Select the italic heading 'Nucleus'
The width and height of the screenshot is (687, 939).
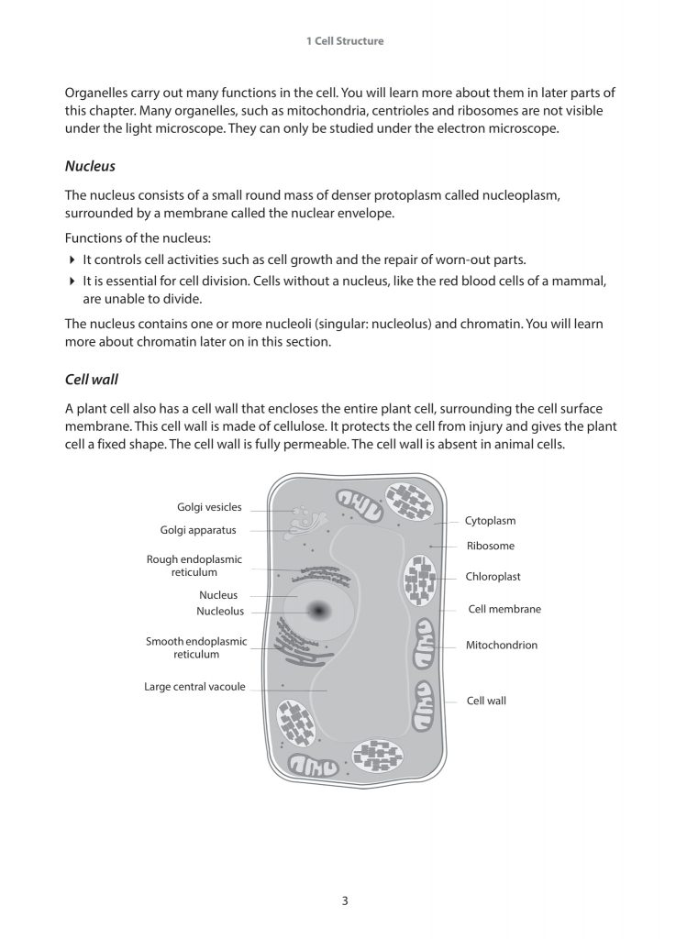coord(90,167)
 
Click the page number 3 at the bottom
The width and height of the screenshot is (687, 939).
coord(345,900)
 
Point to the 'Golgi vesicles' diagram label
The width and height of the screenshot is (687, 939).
coord(209,507)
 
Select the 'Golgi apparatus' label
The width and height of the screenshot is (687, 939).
coord(198,530)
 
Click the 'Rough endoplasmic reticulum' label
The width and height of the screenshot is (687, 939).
coord(194,565)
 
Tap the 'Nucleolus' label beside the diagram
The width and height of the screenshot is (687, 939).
coord(220,612)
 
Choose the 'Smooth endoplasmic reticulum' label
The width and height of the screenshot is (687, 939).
coord(196,647)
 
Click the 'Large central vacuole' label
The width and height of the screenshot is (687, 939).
coord(194,687)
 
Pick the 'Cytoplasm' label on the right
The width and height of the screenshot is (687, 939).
coord(490,521)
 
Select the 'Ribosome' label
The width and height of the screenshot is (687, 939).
coord(490,547)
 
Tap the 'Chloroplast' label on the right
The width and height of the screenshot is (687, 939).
coord(493,577)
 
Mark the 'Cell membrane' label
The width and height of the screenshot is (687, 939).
coord(504,609)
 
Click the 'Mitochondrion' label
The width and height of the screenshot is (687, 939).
coord(501,646)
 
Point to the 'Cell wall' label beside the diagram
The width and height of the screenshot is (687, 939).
coord(486,701)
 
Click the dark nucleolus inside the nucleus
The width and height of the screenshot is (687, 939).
coord(319,610)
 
